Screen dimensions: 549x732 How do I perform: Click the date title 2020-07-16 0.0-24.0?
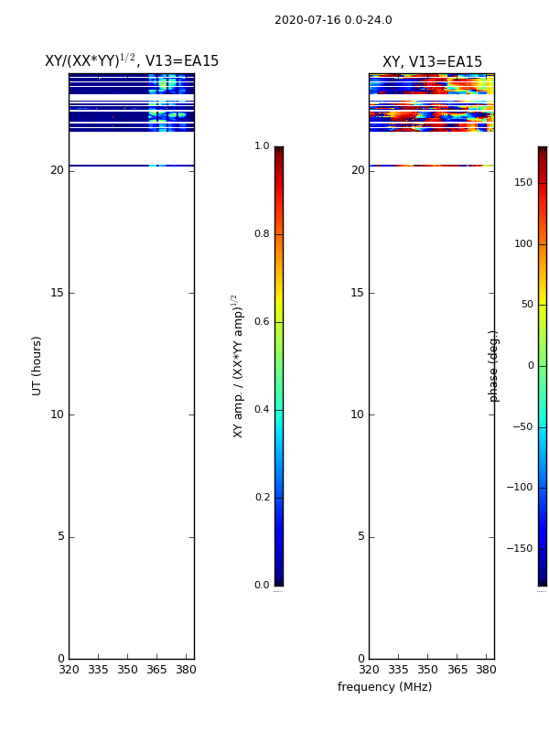pyautogui.click(x=333, y=20)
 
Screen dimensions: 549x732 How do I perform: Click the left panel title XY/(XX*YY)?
pyautogui.click(x=90, y=60)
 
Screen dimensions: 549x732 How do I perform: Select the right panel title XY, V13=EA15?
pyautogui.click(x=432, y=61)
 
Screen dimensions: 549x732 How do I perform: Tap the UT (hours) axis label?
pyautogui.click(x=37, y=366)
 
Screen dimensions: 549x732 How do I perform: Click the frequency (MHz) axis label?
pyautogui.click(x=384, y=687)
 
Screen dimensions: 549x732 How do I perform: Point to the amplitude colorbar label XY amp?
pyautogui.click(x=238, y=367)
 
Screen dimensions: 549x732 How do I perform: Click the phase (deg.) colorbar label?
pyautogui.click(x=493, y=367)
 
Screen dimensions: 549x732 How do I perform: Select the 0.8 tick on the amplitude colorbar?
pyautogui.click(x=262, y=234)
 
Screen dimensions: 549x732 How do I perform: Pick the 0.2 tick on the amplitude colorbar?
pyautogui.click(x=262, y=497)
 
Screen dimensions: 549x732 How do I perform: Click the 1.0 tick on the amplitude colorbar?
pyautogui.click(x=262, y=146)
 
